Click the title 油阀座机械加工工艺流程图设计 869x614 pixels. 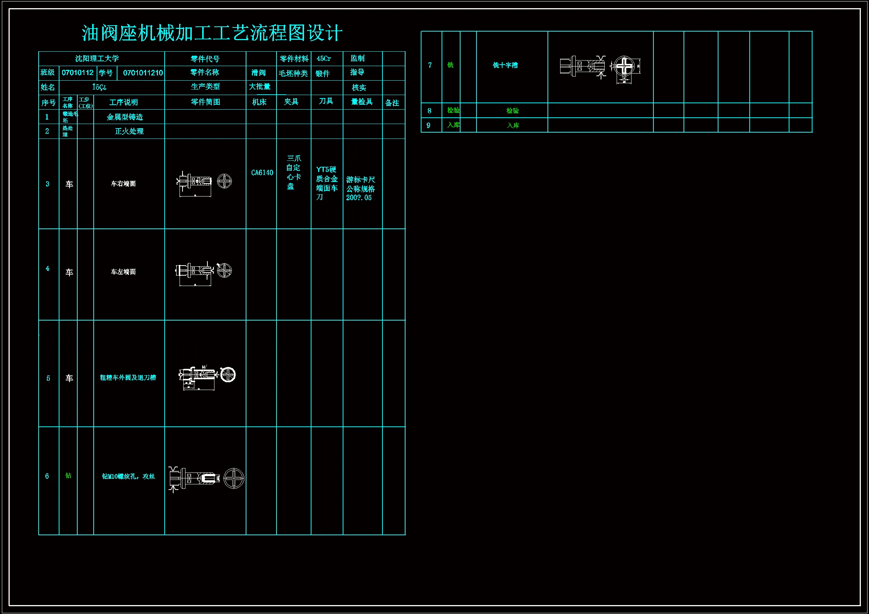pos(212,33)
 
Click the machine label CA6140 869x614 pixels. pos(262,173)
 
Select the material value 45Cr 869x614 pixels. pos(324,59)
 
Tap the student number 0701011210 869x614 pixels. pos(143,73)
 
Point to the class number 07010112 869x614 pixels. pos(78,73)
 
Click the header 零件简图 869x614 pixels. pos(205,102)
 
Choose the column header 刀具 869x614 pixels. pos(326,101)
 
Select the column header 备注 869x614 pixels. pos(392,103)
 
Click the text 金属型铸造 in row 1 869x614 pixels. pos(125,117)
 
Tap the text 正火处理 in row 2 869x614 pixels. pos(129,131)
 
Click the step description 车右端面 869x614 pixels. pos(123,184)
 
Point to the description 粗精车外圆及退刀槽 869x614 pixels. pos(127,377)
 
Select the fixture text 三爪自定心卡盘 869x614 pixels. pos(293,172)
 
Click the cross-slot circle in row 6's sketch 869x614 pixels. pos(233,478)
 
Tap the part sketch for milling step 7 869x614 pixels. pos(600,67)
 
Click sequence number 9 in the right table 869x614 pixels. pos(429,125)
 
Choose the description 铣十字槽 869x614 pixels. pos(505,65)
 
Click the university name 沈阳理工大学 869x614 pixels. pos(97,59)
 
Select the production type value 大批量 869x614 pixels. pos(260,87)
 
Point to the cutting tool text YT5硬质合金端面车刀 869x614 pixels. pos(326,183)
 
